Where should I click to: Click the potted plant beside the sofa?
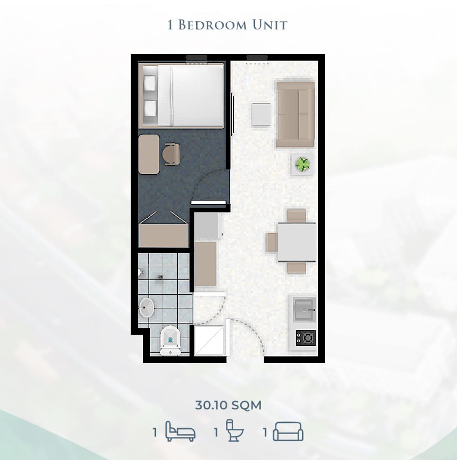click(x=303, y=165)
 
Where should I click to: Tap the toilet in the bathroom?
click(x=170, y=341)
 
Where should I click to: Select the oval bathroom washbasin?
click(x=146, y=308)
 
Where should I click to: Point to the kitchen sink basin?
click(x=304, y=309)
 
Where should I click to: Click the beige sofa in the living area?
click(x=296, y=115)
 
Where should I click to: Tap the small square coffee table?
click(x=261, y=115)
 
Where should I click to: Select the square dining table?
click(x=297, y=242)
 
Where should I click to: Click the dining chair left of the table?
click(x=271, y=242)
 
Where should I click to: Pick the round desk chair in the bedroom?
click(x=171, y=154)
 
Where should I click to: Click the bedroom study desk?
click(x=149, y=154)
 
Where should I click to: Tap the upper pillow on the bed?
click(x=150, y=83)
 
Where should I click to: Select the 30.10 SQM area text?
click(x=228, y=405)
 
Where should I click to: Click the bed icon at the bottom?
click(x=180, y=431)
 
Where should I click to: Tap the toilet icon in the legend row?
click(x=234, y=431)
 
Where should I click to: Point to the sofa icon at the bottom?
click(x=288, y=431)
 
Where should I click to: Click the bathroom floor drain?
click(x=161, y=276)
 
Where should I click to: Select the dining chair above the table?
click(x=297, y=216)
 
